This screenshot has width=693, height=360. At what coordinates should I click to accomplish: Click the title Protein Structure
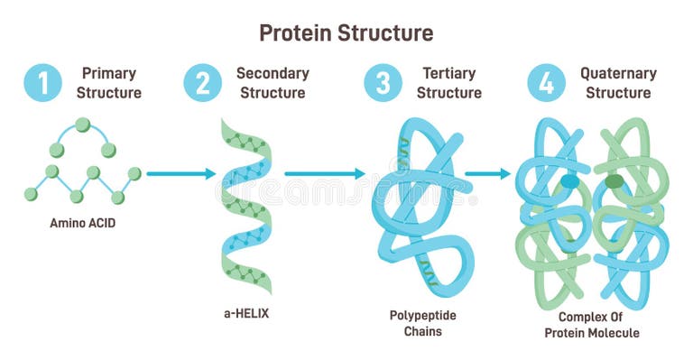pyautogui.click(x=346, y=33)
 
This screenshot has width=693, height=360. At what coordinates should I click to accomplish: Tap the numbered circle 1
pyautogui.click(x=43, y=83)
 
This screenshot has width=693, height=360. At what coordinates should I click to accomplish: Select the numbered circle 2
pyautogui.click(x=202, y=83)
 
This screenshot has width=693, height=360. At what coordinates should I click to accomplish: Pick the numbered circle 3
pyautogui.click(x=383, y=83)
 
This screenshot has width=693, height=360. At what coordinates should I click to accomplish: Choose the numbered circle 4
pyautogui.click(x=546, y=83)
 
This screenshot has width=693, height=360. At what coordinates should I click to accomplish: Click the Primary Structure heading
pyautogui.click(x=108, y=83)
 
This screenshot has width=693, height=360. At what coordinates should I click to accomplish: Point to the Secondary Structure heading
pyautogui.click(x=273, y=83)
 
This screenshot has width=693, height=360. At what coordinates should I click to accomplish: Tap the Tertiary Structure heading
pyautogui.click(x=449, y=83)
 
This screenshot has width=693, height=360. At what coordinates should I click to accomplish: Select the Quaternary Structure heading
pyautogui.click(x=618, y=83)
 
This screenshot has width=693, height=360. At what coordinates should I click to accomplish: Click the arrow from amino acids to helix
pyautogui.click(x=180, y=173)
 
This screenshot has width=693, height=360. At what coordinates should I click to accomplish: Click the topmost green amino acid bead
pyautogui.click(x=83, y=125)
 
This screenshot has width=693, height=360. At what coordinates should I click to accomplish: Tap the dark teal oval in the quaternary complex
pyautogui.click(x=569, y=181)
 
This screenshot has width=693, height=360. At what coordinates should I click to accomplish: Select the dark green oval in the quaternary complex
pyautogui.click(x=614, y=181)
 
